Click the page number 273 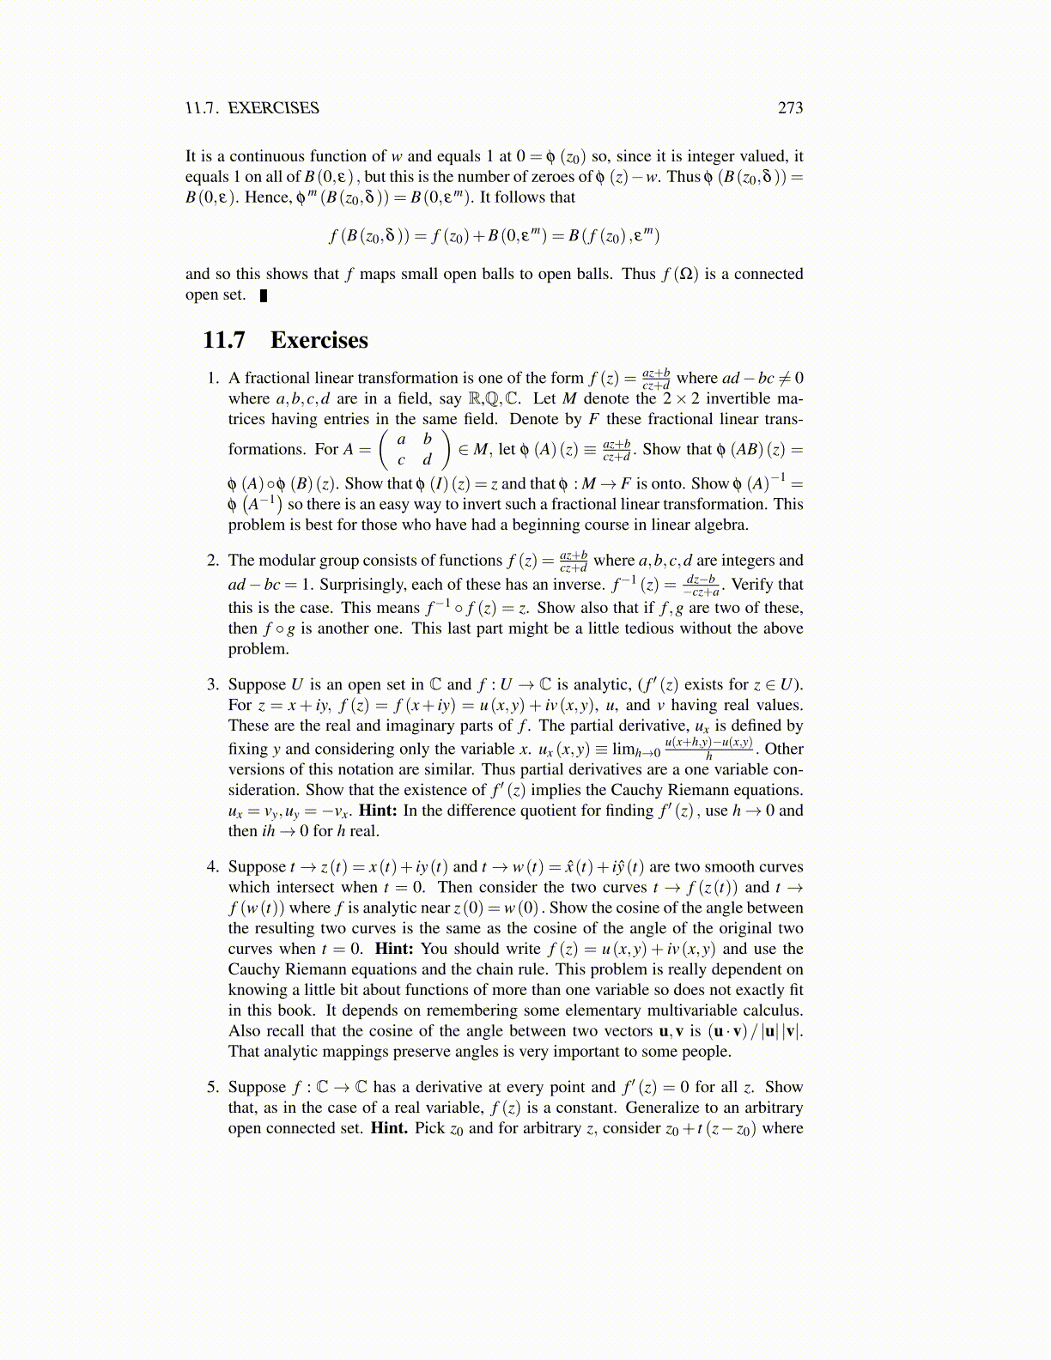pyautogui.click(x=790, y=108)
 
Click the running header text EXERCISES pyautogui.click(x=273, y=108)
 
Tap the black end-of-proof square pyautogui.click(x=264, y=296)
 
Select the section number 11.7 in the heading pyautogui.click(x=223, y=340)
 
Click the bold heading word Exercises pyautogui.click(x=319, y=340)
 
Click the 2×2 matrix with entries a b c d pyautogui.click(x=414, y=449)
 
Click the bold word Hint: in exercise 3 pyautogui.click(x=378, y=811)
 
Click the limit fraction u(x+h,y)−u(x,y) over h pyautogui.click(x=708, y=749)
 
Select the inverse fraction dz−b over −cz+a pyautogui.click(x=701, y=586)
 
